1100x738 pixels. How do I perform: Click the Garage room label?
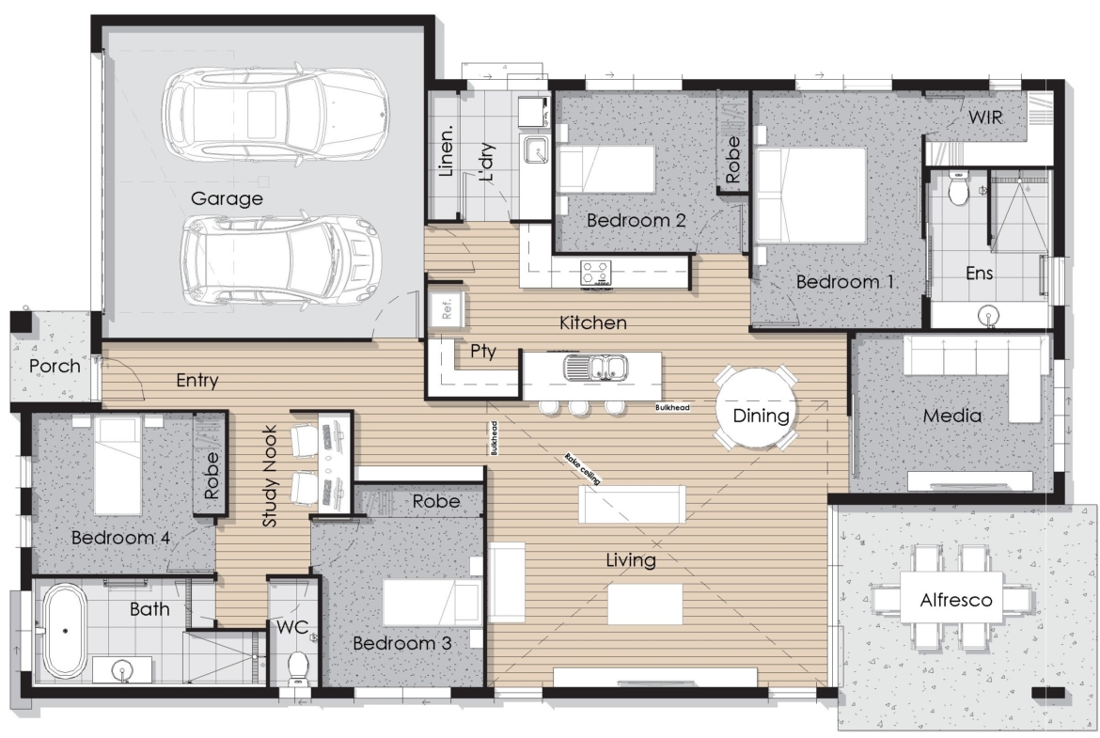click(x=227, y=198)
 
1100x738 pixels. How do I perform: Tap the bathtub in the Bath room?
click(x=65, y=631)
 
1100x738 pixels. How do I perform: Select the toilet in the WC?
click(x=299, y=667)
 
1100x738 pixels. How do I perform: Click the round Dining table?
click(x=756, y=408)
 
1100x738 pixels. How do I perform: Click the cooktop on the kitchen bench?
click(x=596, y=273)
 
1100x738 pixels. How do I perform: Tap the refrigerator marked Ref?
click(x=447, y=307)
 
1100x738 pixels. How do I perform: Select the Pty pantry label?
click(x=483, y=351)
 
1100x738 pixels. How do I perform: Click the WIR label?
click(x=985, y=118)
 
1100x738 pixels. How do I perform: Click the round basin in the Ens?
click(x=989, y=316)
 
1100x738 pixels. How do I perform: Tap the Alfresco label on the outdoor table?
click(x=956, y=601)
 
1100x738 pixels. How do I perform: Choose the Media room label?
click(x=952, y=416)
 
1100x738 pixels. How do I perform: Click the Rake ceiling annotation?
click(x=582, y=468)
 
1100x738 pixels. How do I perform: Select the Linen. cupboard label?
click(x=447, y=150)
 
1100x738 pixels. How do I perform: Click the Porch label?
click(x=55, y=366)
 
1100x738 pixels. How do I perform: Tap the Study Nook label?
click(x=270, y=476)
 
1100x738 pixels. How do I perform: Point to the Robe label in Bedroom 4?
click(x=212, y=476)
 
